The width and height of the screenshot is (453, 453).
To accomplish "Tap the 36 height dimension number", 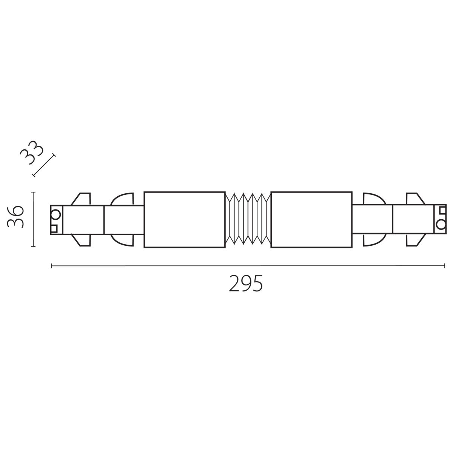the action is pyautogui.click(x=15, y=217).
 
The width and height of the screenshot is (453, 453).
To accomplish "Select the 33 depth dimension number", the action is pyautogui.click(x=32, y=153).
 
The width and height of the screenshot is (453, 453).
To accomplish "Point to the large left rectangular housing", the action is pyautogui.click(x=185, y=220).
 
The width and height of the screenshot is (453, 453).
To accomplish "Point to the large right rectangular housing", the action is pyautogui.click(x=311, y=220).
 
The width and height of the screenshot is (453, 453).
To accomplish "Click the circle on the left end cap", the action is pyautogui.click(x=56, y=215).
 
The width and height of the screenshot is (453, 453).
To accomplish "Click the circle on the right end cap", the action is pyautogui.click(x=441, y=225).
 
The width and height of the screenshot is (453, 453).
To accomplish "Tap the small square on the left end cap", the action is pyautogui.click(x=54, y=228).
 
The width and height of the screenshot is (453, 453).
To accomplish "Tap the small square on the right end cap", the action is pyautogui.click(x=443, y=210).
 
